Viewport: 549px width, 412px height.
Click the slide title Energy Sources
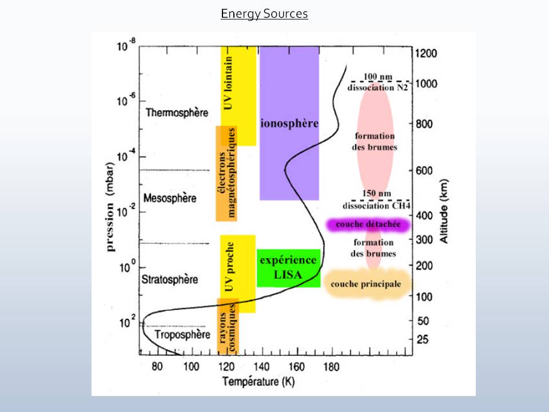[x=264, y=14]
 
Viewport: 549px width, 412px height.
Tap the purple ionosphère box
[x=289, y=124]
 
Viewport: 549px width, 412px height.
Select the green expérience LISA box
[x=288, y=268]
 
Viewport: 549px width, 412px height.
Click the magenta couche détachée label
[x=368, y=225]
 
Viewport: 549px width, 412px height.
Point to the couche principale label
[x=366, y=284]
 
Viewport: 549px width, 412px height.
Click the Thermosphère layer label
[x=177, y=113]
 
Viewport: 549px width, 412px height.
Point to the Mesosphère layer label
[x=170, y=199]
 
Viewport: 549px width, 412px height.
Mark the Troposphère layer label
[x=183, y=335]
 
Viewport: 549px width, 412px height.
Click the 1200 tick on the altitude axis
[x=426, y=54]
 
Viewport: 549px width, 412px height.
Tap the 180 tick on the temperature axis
[x=332, y=366]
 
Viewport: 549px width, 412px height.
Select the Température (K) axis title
[x=258, y=381]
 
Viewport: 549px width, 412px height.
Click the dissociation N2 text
[x=377, y=88]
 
